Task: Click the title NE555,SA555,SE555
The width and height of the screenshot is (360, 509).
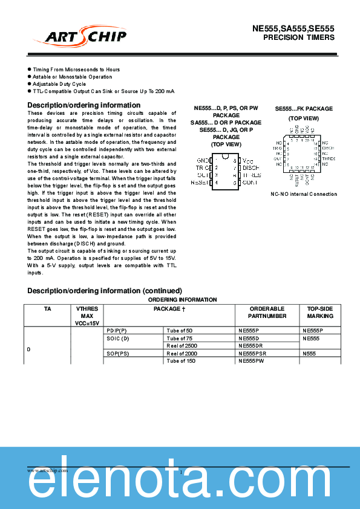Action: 293,28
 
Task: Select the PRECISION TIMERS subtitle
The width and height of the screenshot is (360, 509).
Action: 298,37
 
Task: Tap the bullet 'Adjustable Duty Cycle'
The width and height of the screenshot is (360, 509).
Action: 59,84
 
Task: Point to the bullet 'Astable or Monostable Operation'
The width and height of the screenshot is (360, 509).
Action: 72,77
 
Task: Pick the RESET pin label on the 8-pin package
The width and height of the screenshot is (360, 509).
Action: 200,182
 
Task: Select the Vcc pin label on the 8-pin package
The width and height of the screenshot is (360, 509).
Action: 247,161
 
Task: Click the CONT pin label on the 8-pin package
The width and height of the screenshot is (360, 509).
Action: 250,182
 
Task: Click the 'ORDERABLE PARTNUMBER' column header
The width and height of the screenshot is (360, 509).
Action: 267,312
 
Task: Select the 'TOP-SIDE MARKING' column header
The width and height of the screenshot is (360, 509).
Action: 319,312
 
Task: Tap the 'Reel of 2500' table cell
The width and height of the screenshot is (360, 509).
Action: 182,345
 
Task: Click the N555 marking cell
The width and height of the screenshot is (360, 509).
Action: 310,352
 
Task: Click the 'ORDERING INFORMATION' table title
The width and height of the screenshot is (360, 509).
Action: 182,300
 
